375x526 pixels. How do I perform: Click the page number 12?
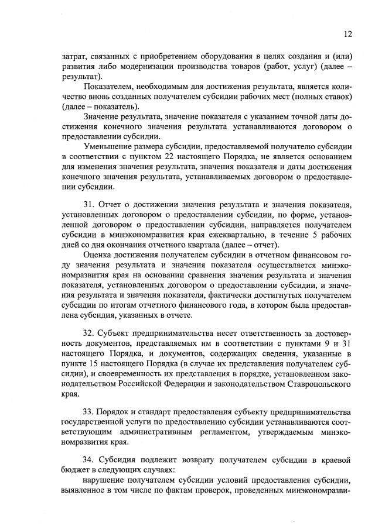(347, 34)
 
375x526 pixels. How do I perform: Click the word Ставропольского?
(322, 386)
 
